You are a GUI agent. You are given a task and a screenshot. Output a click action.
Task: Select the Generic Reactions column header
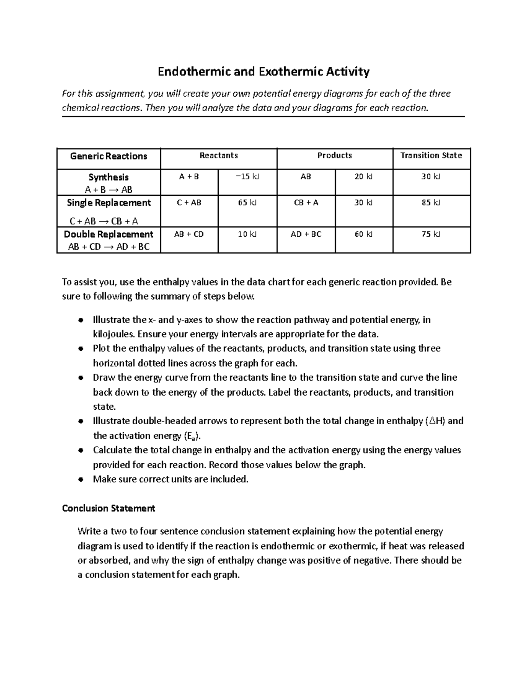pyautogui.click(x=108, y=156)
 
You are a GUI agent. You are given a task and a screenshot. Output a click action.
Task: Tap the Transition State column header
pyautogui.click(x=431, y=155)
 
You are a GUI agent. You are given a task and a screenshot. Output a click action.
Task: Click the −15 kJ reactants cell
pyautogui.click(x=247, y=177)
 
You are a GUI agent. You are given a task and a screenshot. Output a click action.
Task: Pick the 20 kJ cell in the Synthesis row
pyautogui.click(x=363, y=177)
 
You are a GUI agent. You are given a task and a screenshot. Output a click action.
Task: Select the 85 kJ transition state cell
pyautogui.click(x=431, y=203)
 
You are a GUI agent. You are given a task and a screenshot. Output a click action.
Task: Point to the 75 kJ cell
pyautogui.click(x=431, y=235)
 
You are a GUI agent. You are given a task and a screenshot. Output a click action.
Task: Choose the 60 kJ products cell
pyautogui.click(x=363, y=235)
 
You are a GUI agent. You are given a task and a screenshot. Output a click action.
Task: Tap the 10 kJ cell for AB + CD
pyautogui.click(x=247, y=235)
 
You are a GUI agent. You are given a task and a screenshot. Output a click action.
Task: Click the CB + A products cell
pyautogui.click(x=306, y=203)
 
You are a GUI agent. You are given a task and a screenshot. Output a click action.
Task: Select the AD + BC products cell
pyautogui.click(x=306, y=235)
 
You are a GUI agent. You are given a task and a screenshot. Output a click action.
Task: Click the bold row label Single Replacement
pyautogui.click(x=108, y=203)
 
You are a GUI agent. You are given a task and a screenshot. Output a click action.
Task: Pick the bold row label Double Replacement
pyautogui.click(x=108, y=234)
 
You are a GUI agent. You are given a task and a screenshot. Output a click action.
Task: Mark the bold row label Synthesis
pyautogui.click(x=108, y=177)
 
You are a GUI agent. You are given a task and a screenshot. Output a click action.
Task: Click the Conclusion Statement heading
pyautogui.click(x=108, y=509)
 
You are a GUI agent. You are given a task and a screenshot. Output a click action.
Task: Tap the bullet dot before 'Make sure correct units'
pyautogui.click(x=80, y=480)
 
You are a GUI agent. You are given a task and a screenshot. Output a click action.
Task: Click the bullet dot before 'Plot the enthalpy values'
pyautogui.click(x=80, y=349)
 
